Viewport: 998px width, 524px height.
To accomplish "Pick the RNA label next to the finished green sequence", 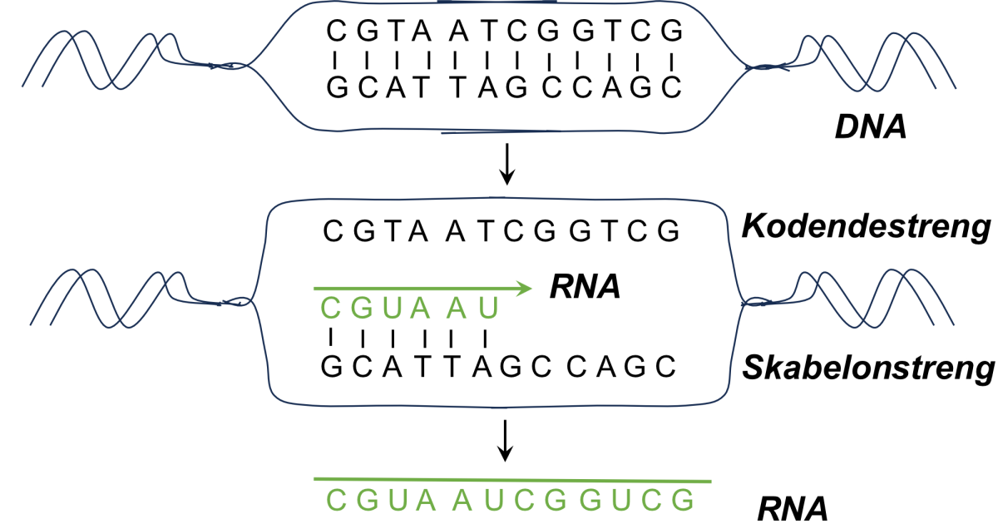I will [791, 506].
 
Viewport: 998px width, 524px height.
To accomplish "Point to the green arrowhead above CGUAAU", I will [523, 289].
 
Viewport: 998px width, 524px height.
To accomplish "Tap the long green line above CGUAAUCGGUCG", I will [511, 480].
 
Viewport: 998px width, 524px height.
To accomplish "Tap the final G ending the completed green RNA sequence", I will [682, 500].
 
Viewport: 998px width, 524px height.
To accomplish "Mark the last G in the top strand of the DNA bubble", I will [673, 32].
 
